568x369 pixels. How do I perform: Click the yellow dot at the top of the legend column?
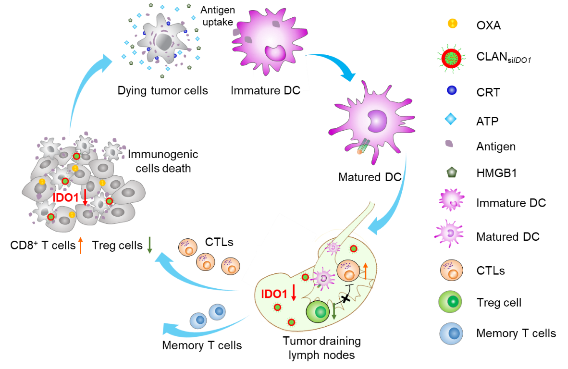[x=452, y=23]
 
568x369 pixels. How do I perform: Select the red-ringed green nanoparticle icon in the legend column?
[x=452, y=58]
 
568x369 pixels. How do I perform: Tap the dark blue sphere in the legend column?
[x=452, y=90]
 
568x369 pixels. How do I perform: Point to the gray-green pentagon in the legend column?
[x=452, y=172]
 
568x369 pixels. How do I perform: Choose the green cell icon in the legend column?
[x=450, y=302]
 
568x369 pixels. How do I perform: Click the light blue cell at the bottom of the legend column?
[x=451, y=333]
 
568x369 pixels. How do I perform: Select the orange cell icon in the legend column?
[x=452, y=270]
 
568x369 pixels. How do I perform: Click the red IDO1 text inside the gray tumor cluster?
[x=65, y=197]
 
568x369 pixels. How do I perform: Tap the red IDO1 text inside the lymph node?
[x=274, y=294]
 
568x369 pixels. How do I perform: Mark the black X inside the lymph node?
[x=345, y=299]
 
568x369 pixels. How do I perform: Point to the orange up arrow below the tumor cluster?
[x=80, y=245]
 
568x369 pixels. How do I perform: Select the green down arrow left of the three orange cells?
[x=149, y=245]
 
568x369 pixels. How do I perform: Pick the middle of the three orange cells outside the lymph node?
[x=206, y=262]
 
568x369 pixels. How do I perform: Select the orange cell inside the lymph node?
[x=348, y=271]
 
